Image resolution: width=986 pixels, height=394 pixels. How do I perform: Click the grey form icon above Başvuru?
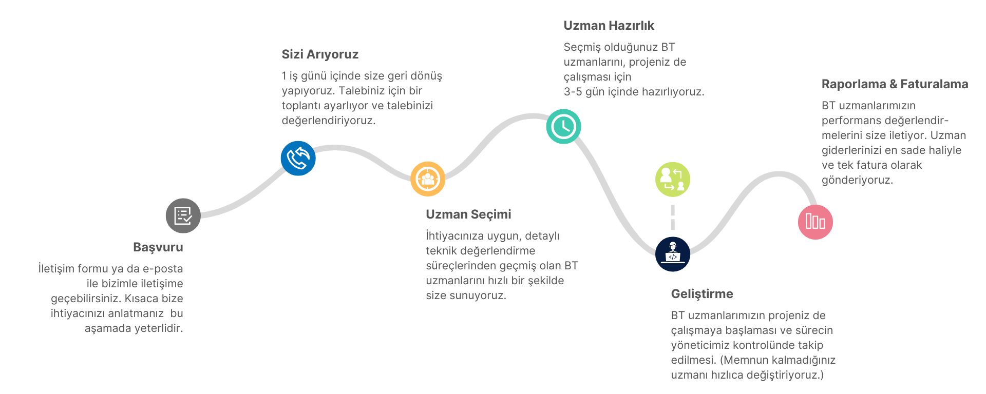183,216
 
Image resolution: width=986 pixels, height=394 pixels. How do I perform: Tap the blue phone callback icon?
298,158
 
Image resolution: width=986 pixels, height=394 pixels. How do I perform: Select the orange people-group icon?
427,179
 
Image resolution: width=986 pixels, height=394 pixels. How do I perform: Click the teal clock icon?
563,126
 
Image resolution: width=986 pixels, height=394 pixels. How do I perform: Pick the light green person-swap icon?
672,180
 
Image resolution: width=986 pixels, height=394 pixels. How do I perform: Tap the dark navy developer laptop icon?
672,254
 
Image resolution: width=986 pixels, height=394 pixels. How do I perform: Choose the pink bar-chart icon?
815,222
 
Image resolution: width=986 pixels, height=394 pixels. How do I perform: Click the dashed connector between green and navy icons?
672,217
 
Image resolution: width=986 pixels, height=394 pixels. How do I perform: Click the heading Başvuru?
158,247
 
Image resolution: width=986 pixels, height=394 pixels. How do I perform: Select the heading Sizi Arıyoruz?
320,54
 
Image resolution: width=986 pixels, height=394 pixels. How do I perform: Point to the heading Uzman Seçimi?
468,214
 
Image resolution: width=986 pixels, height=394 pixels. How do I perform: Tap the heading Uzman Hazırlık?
609,26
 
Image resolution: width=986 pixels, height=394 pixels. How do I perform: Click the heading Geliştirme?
702,294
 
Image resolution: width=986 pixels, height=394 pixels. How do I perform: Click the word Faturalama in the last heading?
934,84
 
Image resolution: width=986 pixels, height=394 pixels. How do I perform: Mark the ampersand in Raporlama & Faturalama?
893,84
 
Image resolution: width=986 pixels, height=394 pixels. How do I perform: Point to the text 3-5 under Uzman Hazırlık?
573,92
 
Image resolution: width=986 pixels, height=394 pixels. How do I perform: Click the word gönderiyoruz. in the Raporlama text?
857,180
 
